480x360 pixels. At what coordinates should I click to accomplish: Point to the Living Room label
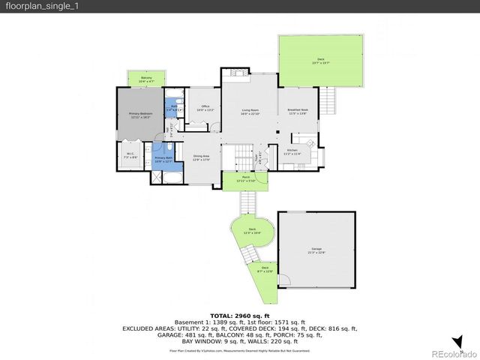(250, 112)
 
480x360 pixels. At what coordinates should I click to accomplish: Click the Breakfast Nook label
(298, 112)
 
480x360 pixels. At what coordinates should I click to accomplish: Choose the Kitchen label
(292, 151)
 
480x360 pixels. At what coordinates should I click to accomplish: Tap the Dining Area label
(201, 157)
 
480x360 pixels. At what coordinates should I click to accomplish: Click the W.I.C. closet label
(129, 156)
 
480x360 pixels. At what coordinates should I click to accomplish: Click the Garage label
(316, 250)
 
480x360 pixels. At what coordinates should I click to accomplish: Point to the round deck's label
(252, 231)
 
